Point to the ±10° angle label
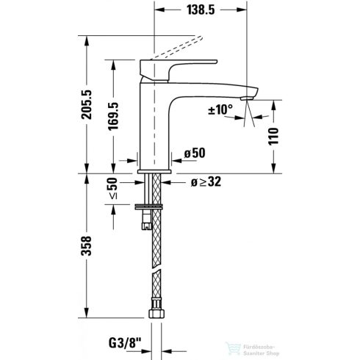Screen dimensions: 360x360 221,109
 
